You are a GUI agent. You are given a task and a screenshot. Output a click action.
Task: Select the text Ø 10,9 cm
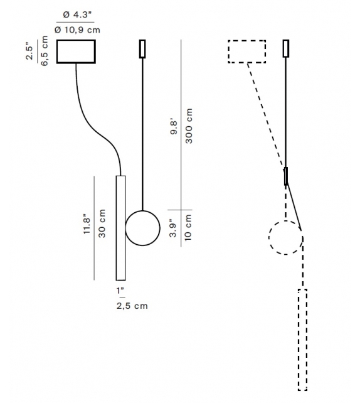click(77, 29)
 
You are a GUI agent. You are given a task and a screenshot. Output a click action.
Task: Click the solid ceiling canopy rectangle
click(76, 51)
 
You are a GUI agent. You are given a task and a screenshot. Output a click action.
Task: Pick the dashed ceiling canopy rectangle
click(246, 51)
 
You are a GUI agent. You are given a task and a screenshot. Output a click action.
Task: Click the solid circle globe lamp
click(142, 227)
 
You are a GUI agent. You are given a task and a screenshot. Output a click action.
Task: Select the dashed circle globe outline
click(285, 238)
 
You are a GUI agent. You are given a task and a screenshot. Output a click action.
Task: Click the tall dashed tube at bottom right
click(302, 339)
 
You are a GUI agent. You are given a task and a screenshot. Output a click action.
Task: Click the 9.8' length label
click(175, 126)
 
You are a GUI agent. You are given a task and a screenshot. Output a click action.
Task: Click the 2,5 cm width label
click(131, 306)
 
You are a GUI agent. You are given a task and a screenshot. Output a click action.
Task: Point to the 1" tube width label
click(121, 291)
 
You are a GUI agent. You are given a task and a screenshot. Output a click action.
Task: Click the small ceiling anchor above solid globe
click(142, 49)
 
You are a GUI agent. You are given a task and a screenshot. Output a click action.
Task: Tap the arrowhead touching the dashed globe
click(300, 228)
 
